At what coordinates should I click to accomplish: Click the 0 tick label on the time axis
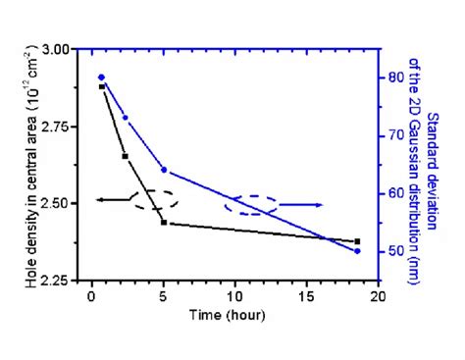[91, 296]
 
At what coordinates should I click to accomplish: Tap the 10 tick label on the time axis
[234, 296]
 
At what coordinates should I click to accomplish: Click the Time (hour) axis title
[234, 316]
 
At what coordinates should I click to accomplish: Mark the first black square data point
[102, 86]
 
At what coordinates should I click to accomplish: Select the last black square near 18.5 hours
[357, 241]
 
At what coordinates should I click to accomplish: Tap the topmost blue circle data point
[102, 77]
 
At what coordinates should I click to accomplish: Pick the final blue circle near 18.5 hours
[357, 251]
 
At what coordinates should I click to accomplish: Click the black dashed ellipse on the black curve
[155, 200]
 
